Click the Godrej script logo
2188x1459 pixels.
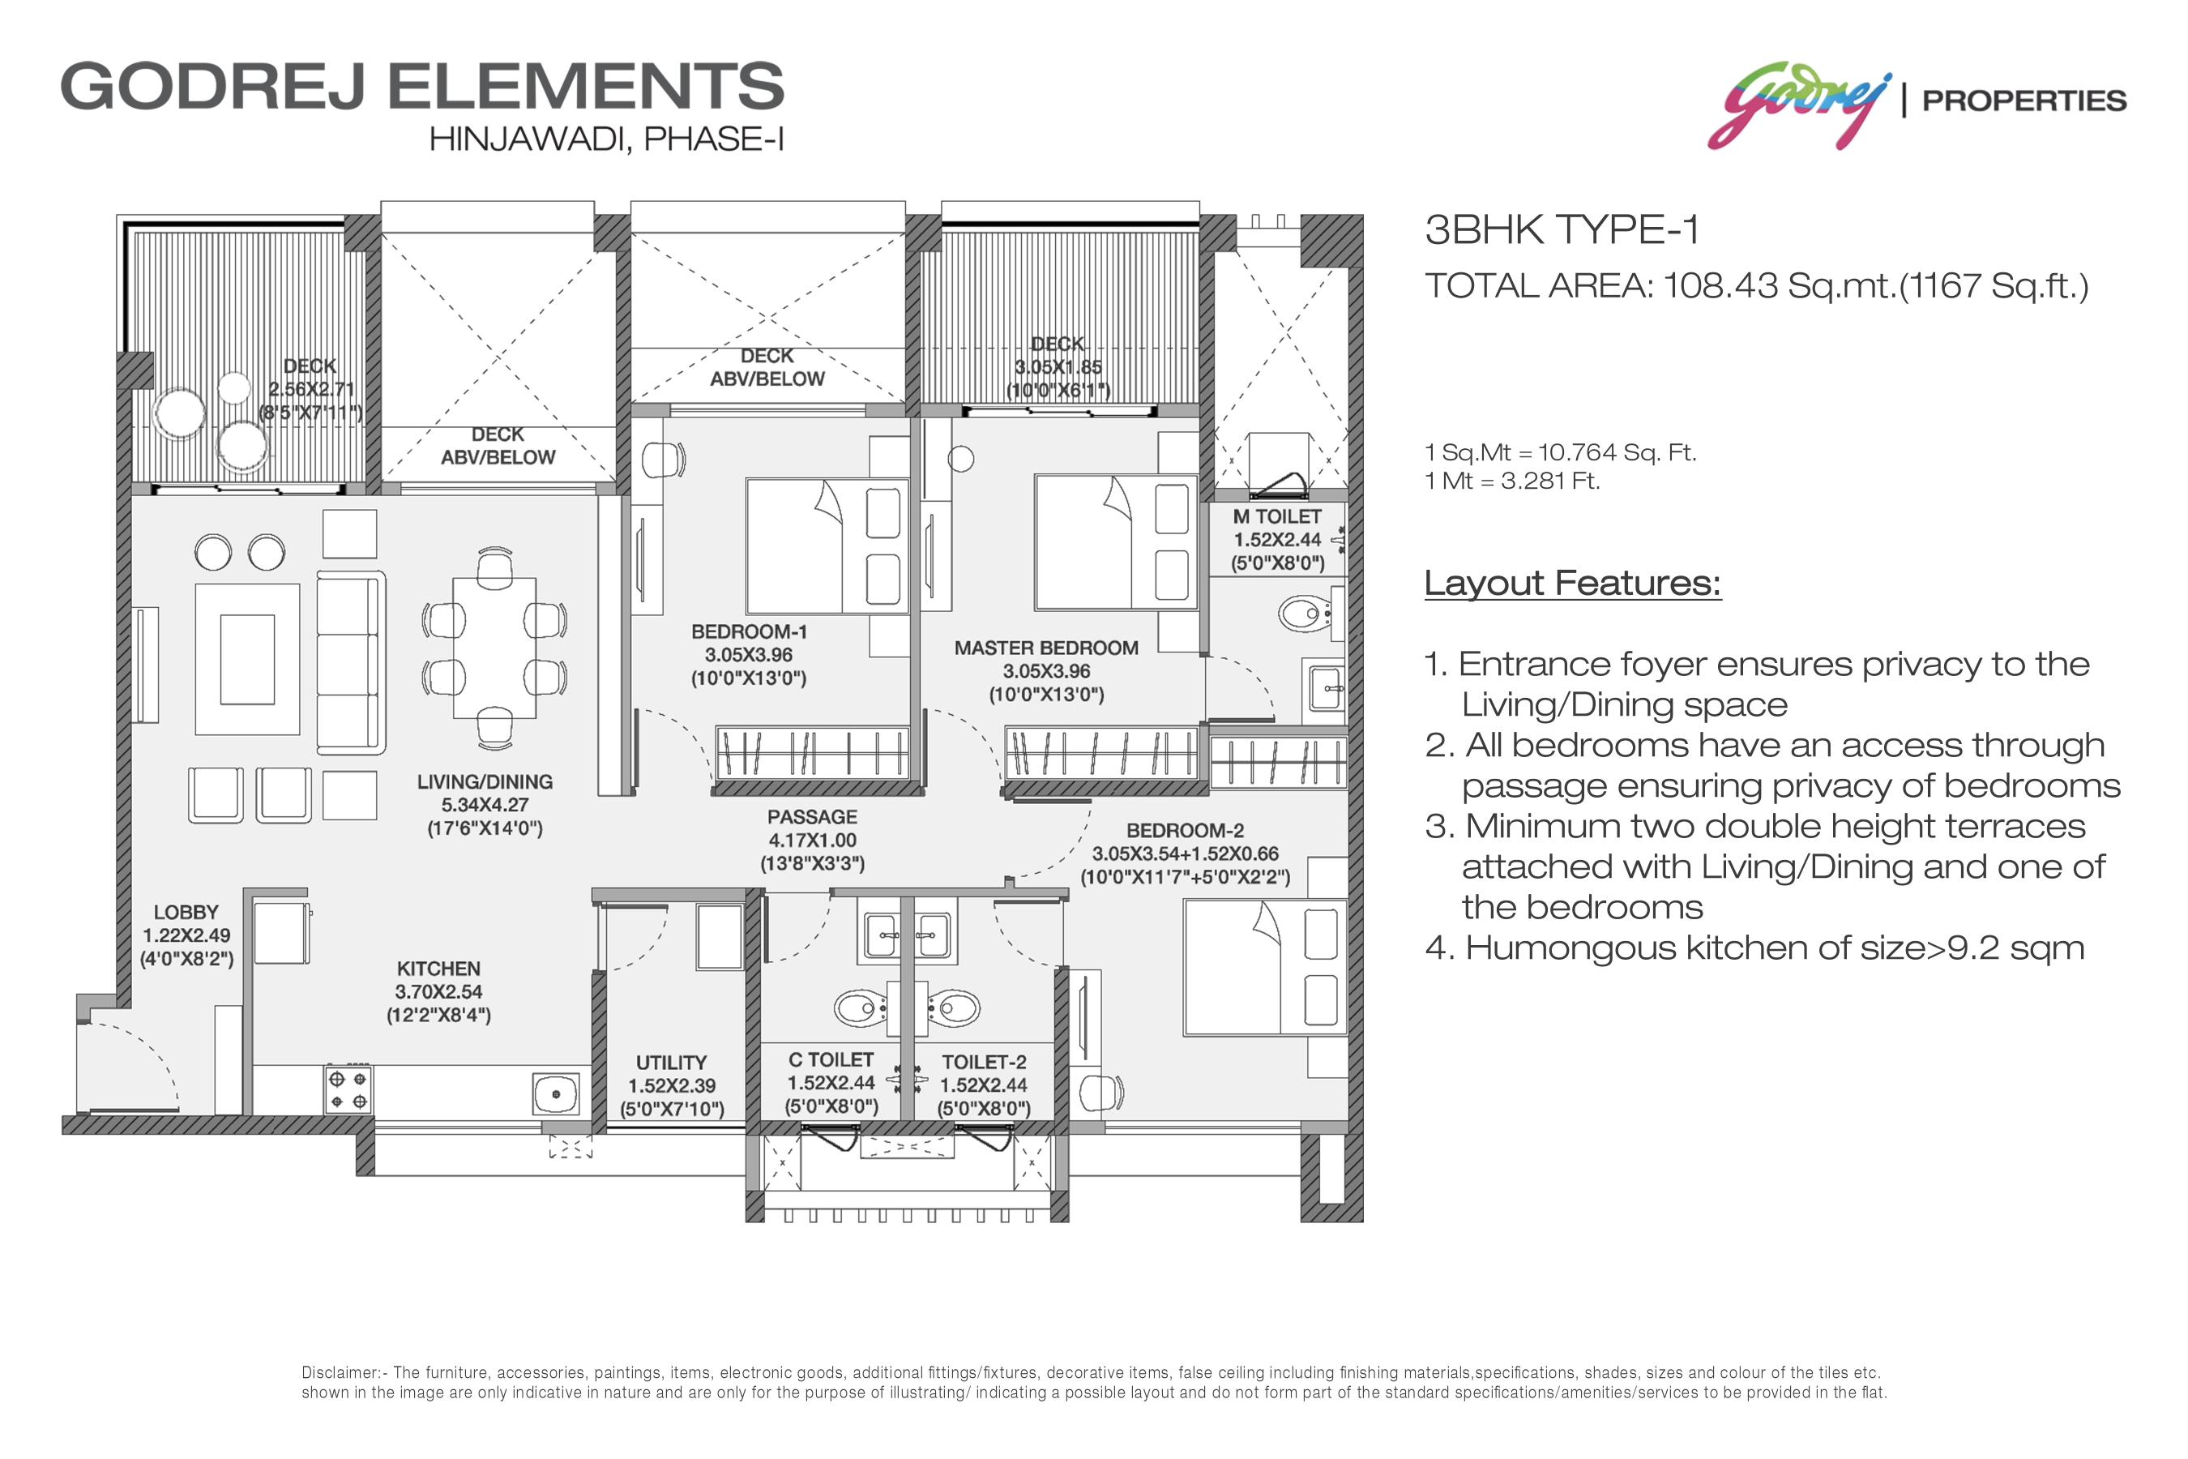(x=1799, y=105)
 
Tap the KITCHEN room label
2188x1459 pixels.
(x=438, y=969)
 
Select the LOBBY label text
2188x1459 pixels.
(x=186, y=913)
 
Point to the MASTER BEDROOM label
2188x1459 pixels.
(x=1045, y=648)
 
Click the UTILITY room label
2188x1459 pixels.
(x=672, y=1063)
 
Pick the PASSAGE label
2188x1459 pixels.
(x=812, y=817)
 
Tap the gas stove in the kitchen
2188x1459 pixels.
(x=348, y=1090)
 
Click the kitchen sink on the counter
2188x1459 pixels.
(x=556, y=1094)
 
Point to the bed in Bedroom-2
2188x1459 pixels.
(x=1265, y=967)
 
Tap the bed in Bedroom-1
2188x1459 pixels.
(x=827, y=546)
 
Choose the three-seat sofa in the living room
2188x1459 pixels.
(x=351, y=662)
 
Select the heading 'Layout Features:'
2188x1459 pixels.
(x=1573, y=584)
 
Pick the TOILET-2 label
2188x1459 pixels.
(x=985, y=1062)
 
